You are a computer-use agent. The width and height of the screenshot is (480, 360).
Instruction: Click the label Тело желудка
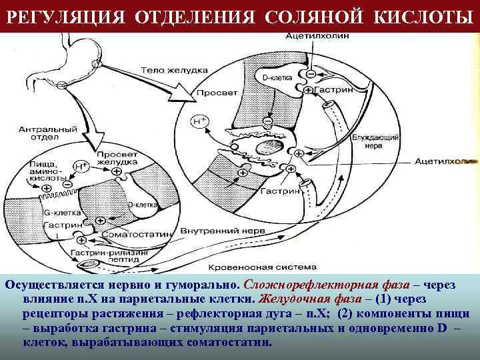tap(168, 69)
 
